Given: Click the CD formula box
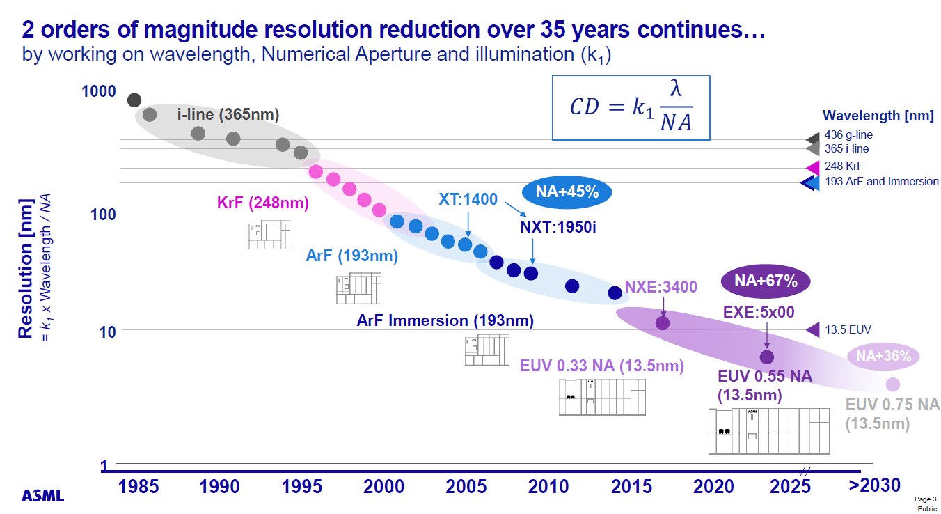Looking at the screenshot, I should click(x=631, y=107).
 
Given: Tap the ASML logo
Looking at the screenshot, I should click(x=43, y=496).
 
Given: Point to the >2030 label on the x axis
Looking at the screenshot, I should click(x=875, y=485).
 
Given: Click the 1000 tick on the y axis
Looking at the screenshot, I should click(x=99, y=91).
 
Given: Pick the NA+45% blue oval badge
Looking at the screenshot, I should click(x=567, y=193).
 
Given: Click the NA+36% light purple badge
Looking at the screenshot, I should click(x=883, y=356).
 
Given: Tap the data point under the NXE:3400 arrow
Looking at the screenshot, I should click(x=663, y=323).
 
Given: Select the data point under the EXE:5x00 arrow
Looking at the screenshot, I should click(x=766, y=357).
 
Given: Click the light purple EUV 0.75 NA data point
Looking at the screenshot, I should click(x=892, y=384).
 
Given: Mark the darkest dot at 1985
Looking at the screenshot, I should click(x=134, y=100).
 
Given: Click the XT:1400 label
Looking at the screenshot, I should click(x=468, y=200).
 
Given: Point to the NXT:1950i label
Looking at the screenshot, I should click(x=558, y=227).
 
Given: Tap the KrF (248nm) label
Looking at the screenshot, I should click(x=262, y=203).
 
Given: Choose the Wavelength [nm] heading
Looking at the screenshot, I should click(x=878, y=116).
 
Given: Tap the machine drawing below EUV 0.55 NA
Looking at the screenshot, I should click(x=769, y=431).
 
